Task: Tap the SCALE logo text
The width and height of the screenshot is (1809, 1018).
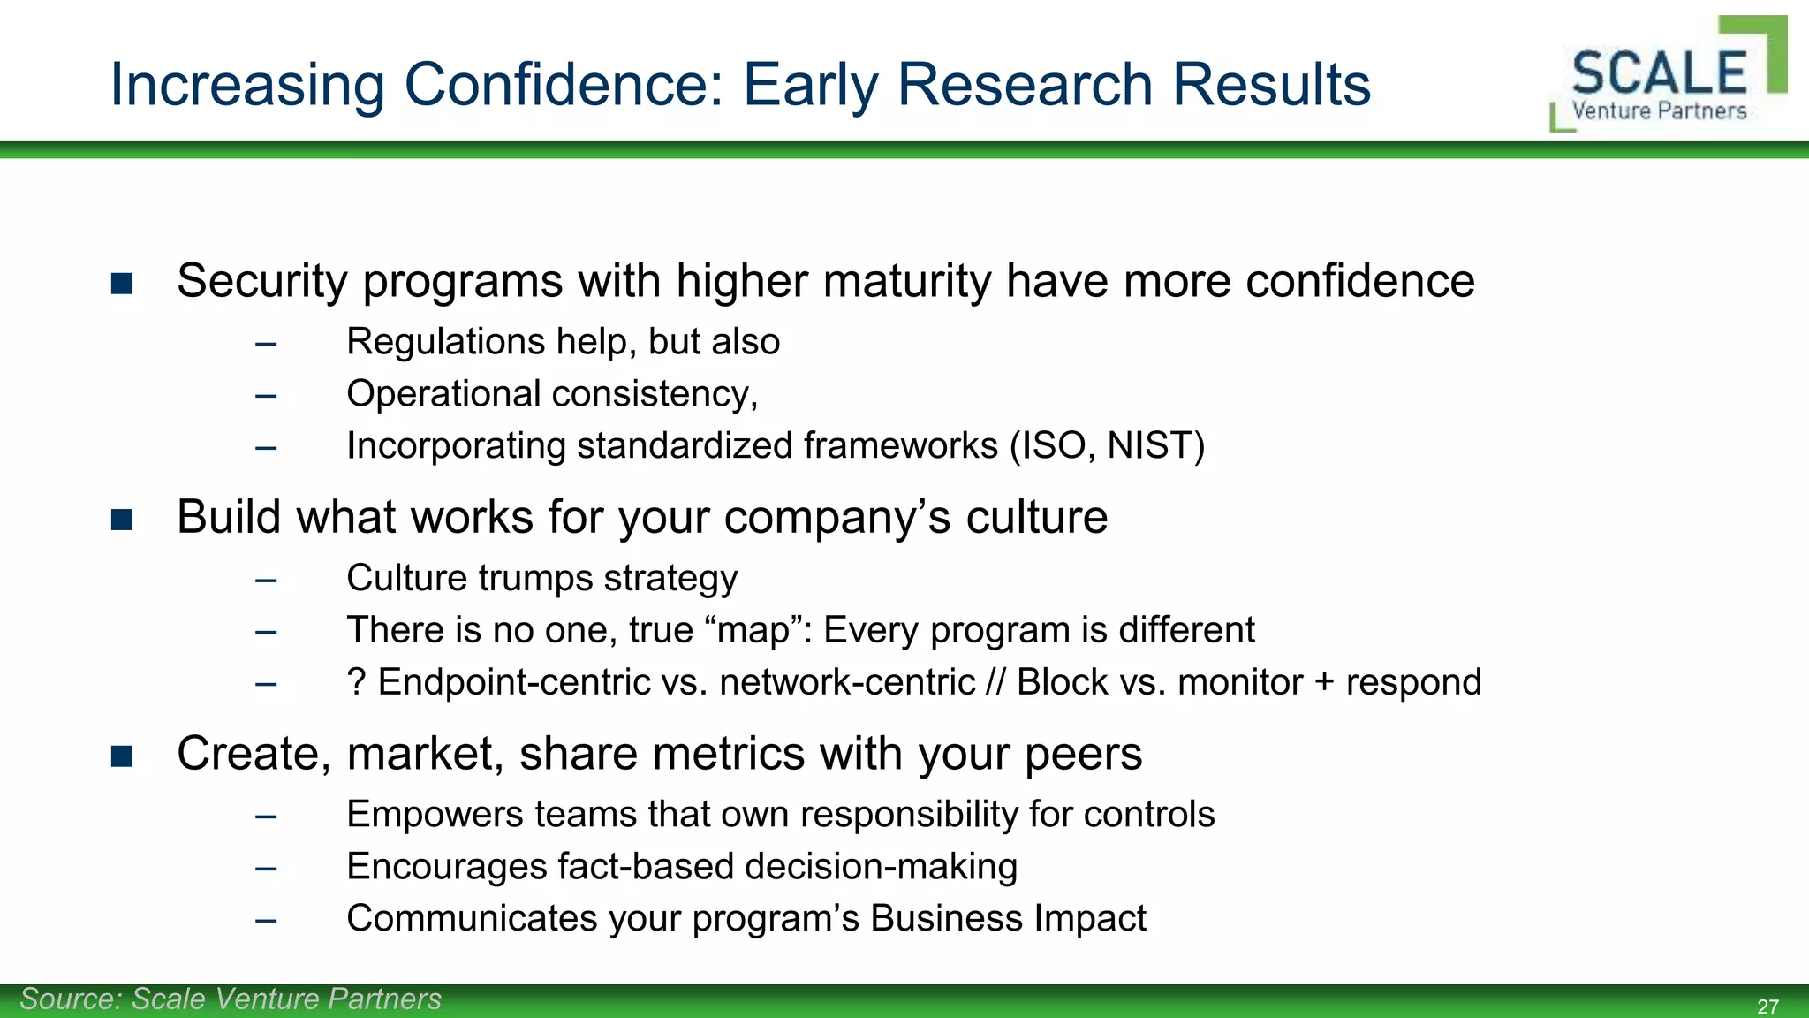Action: tap(1659, 72)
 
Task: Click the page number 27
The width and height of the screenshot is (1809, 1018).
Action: tap(1767, 1007)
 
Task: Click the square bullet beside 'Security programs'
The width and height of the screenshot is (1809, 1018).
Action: tap(122, 284)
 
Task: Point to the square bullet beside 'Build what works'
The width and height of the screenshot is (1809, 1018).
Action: tap(122, 520)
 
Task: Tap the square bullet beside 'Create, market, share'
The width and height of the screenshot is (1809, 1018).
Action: tap(122, 756)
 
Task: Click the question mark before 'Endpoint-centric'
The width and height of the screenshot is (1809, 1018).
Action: tap(356, 682)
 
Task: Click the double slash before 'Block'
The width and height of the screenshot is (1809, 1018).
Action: tap(995, 682)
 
